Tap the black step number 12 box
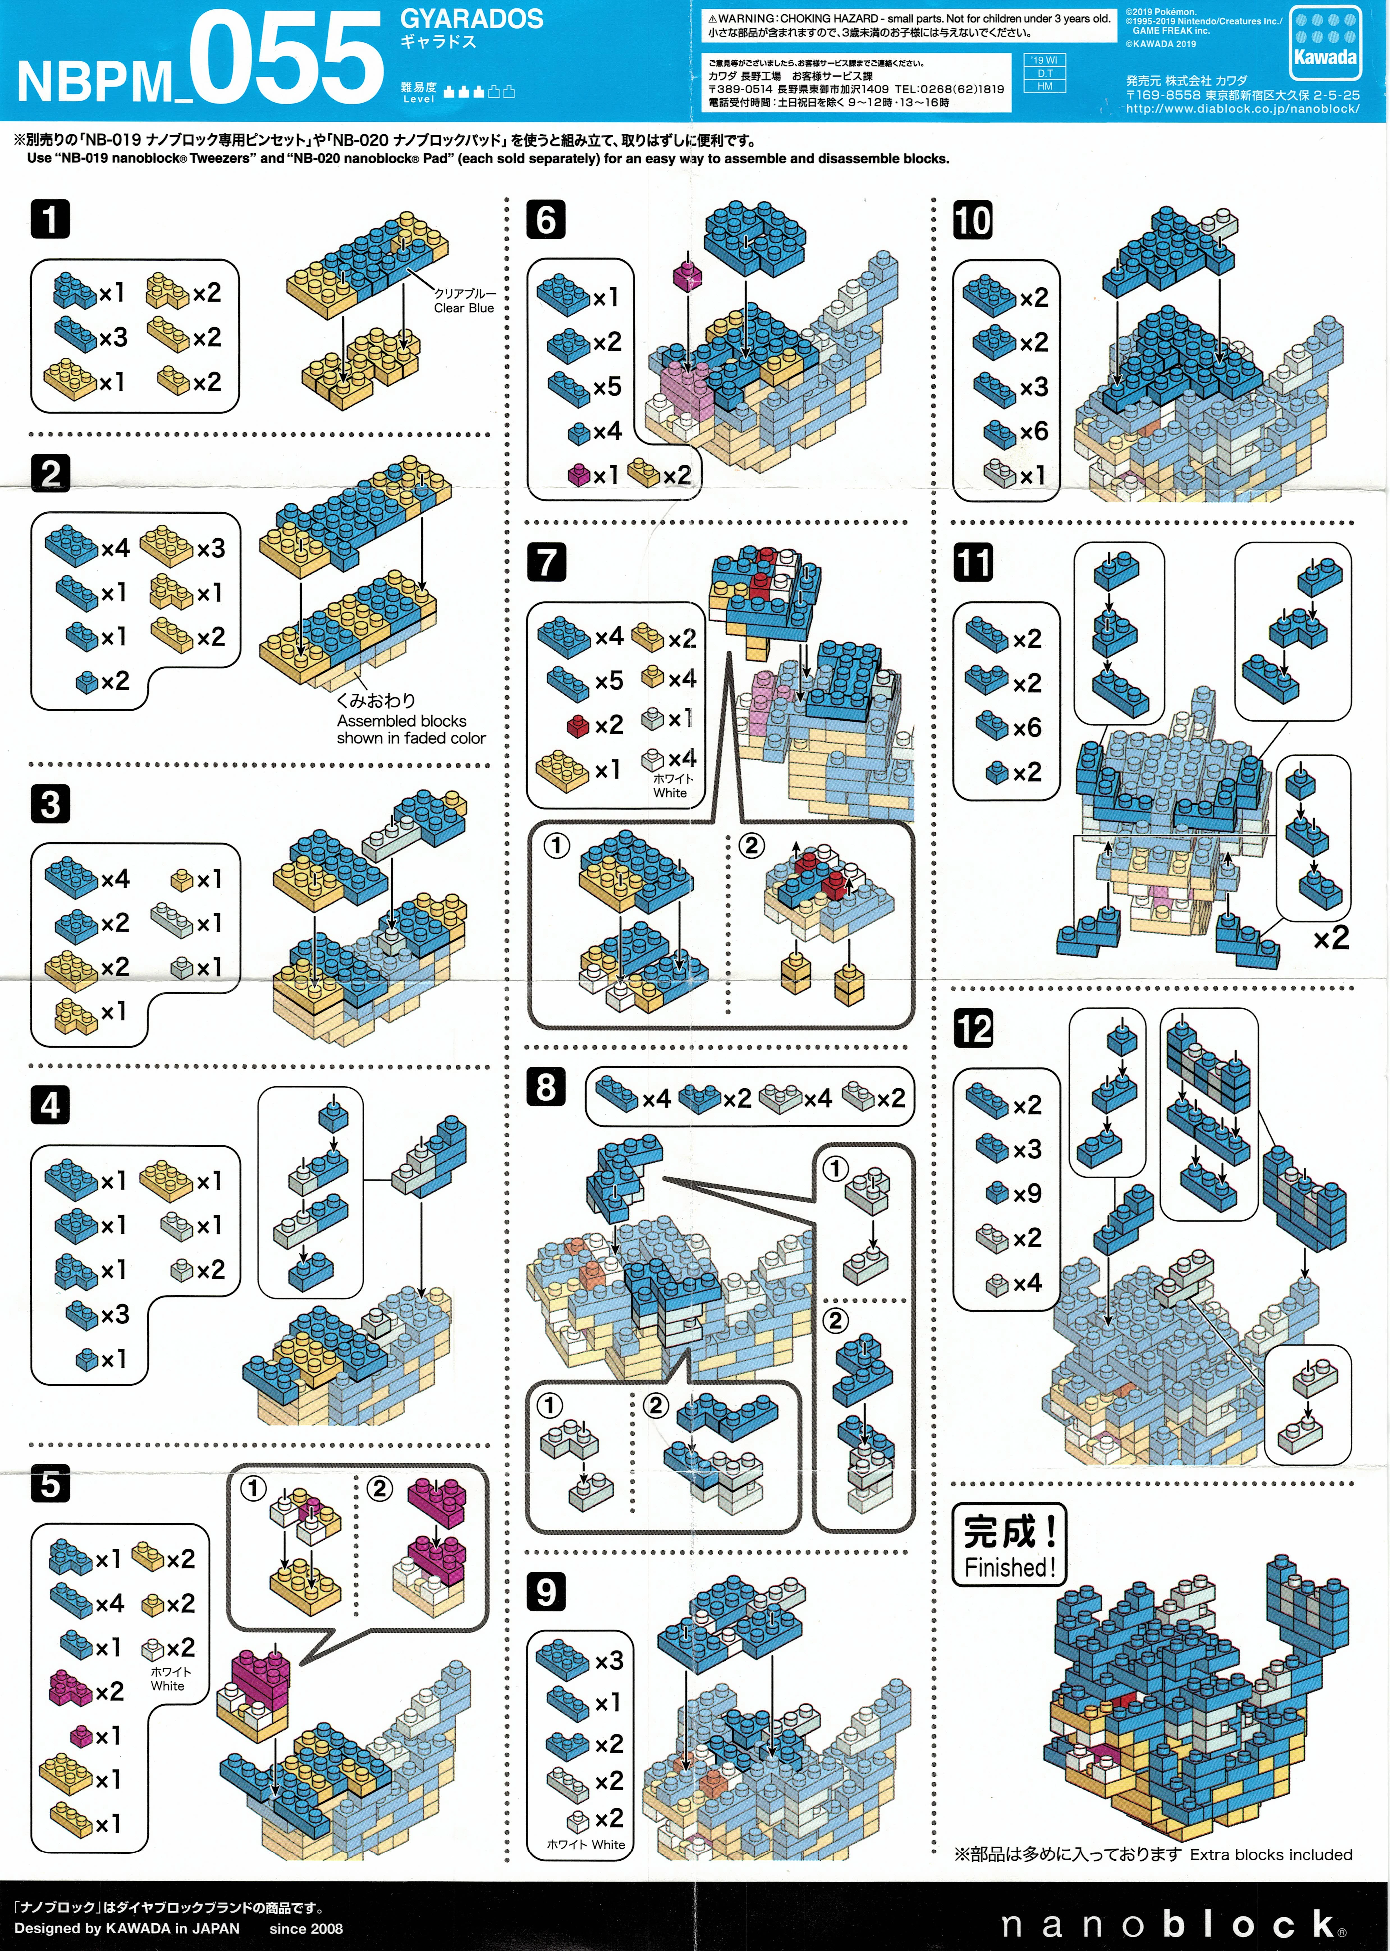click(973, 1029)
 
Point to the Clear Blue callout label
click(464, 300)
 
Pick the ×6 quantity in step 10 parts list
click(1033, 431)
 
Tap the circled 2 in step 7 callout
click(751, 846)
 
